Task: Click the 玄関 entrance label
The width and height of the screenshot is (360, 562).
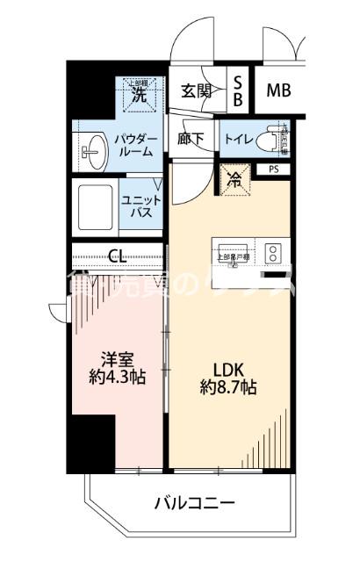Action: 198,90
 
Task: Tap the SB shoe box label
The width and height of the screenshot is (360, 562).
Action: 238,90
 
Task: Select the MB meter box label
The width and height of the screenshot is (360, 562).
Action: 279,90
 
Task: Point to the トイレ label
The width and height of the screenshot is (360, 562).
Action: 240,138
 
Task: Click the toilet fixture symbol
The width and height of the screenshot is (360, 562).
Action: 280,138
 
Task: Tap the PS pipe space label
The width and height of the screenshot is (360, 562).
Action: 275,169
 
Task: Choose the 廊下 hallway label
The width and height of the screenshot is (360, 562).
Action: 193,138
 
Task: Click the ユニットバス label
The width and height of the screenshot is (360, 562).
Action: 138,205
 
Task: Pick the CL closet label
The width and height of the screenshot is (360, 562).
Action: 118,256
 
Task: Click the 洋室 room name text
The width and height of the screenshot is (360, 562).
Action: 118,359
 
